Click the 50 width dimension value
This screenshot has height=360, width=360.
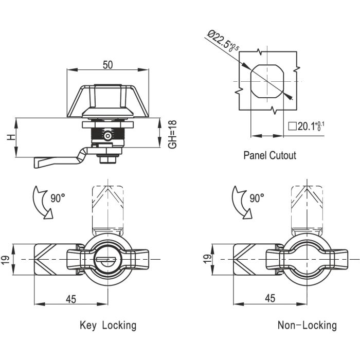pos(108,64)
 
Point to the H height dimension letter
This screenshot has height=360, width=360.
pos(9,138)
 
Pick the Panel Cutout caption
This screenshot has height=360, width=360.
pos(269,155)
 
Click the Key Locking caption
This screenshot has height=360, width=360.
pos(108,325)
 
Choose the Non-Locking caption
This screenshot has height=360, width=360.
pos(307,325)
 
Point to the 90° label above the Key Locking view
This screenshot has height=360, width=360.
pos(57,197)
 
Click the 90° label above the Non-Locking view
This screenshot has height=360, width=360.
pos(256,197)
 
